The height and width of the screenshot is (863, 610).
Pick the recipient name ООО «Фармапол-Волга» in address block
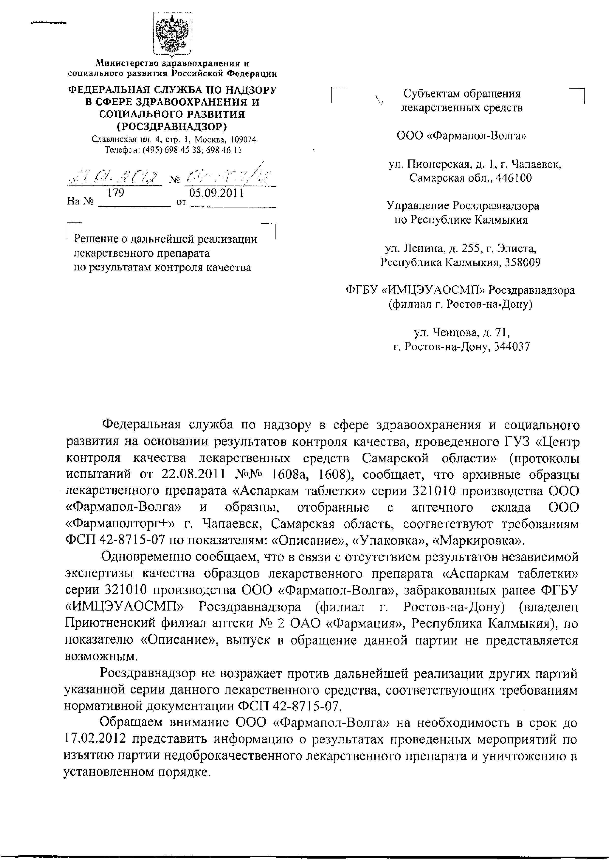click(461, 135)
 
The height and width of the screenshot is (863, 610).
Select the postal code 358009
click(523, 262)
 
